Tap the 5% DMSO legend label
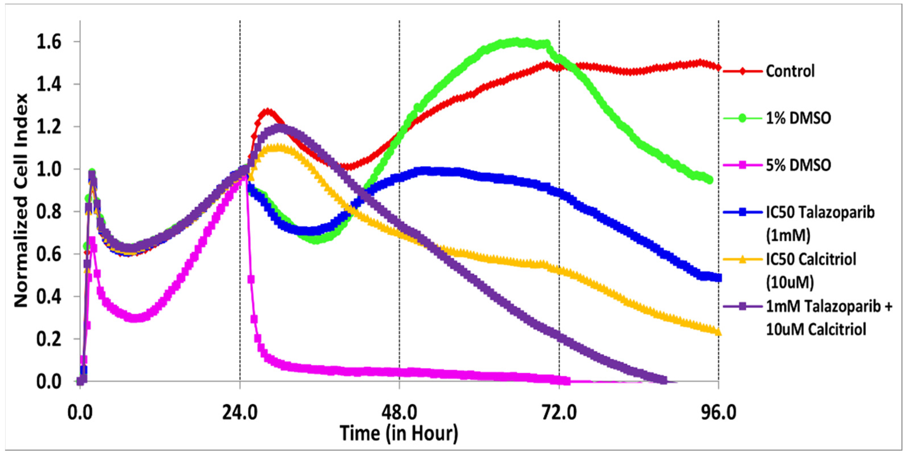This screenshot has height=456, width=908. click(798, 165)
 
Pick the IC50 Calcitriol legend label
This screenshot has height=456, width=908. click(811, 270)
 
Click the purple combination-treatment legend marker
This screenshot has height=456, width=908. click(742, 307)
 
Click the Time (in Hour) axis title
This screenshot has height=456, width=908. click(399, 433)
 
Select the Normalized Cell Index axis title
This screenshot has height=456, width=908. click(21, 201)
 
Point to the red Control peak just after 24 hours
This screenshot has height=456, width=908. click(268, 112)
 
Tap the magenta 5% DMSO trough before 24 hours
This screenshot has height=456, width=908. click(136, 318)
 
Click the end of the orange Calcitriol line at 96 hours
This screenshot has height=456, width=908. click(718, 332)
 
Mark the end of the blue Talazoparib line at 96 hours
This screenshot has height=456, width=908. click(718, 278)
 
